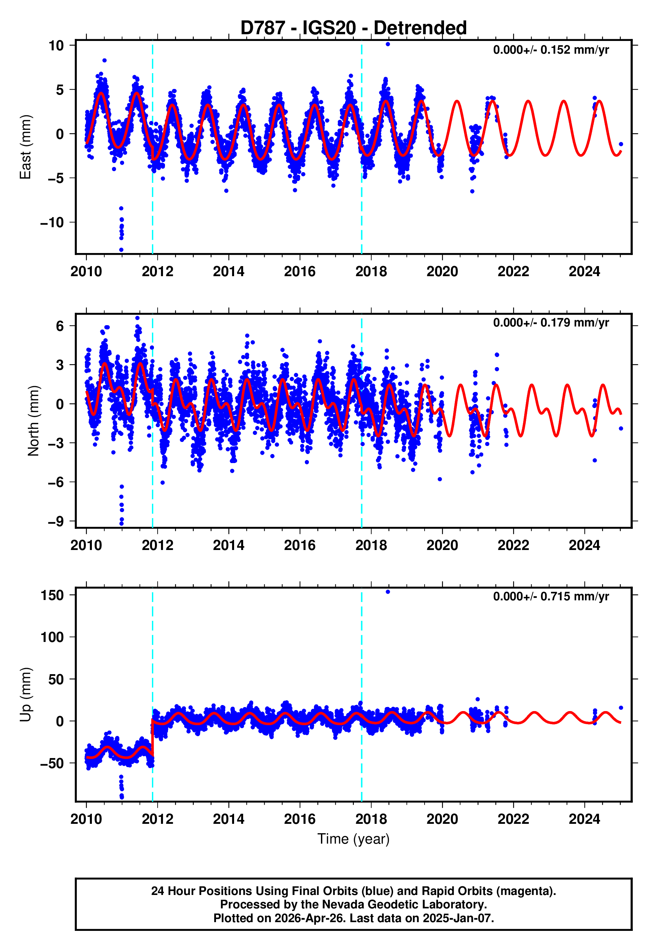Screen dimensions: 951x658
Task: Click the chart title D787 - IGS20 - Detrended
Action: coord(353,28)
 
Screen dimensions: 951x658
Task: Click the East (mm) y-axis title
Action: coord(25,147)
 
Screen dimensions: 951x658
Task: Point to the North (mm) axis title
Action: coord(33,421)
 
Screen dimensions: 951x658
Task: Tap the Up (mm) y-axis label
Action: coord(25,695)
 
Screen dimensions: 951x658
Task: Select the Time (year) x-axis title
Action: coord(353,839)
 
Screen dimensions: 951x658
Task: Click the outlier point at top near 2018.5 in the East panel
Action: coord(388,44)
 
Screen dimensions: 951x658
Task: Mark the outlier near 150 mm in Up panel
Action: coord(388,592)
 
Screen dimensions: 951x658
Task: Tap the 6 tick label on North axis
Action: coord(60,326)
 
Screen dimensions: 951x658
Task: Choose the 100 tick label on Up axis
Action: coord(52,637)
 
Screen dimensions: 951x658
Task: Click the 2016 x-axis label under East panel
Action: coord(300,272)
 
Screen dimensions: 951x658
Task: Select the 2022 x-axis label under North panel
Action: coord(513,545)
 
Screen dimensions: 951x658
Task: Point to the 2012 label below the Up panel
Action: coord(158,819)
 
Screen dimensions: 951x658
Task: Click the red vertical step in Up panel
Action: coord(153,738)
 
